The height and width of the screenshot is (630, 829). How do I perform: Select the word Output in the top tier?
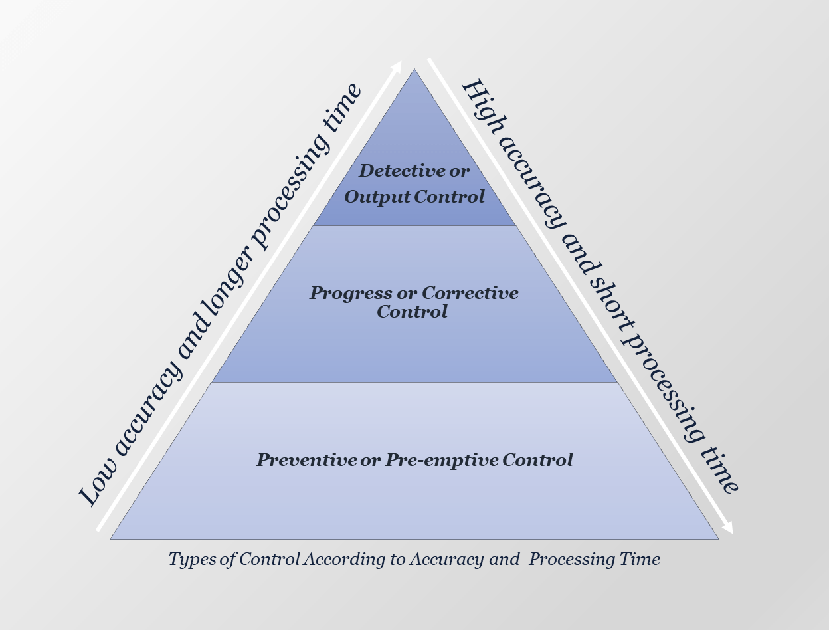(377, 197)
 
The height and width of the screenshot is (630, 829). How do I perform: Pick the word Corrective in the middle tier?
(470, 293)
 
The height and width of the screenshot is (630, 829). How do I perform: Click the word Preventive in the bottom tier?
(306, 460)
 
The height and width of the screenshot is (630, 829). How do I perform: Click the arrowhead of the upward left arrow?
(397, 65)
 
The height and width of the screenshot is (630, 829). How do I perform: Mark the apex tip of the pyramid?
(414, 69)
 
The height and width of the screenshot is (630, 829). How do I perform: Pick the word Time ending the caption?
(641, 560)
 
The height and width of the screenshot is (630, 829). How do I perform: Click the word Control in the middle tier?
(412, 312)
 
